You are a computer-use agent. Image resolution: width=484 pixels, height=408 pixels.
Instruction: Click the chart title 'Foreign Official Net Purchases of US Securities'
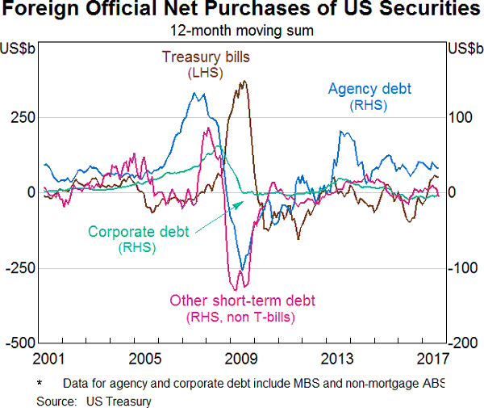coord(242,11)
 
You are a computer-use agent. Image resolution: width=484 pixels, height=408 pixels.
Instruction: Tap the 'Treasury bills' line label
coord(206,57)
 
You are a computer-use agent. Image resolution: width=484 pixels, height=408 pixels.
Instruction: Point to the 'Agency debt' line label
coord(368,89)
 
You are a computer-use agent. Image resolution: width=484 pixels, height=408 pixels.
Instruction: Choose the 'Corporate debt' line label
coord(138,231)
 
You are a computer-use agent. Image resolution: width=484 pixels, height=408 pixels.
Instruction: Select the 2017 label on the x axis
coord(432,359)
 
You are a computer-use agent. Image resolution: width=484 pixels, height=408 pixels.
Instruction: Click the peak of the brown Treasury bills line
coord(244,81)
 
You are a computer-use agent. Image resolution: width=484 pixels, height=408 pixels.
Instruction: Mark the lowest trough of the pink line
coord(235,289)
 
